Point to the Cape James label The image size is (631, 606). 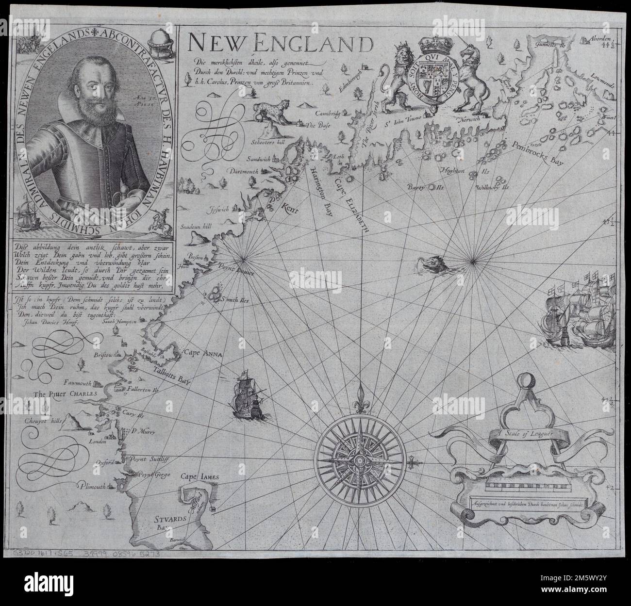[201, 477]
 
